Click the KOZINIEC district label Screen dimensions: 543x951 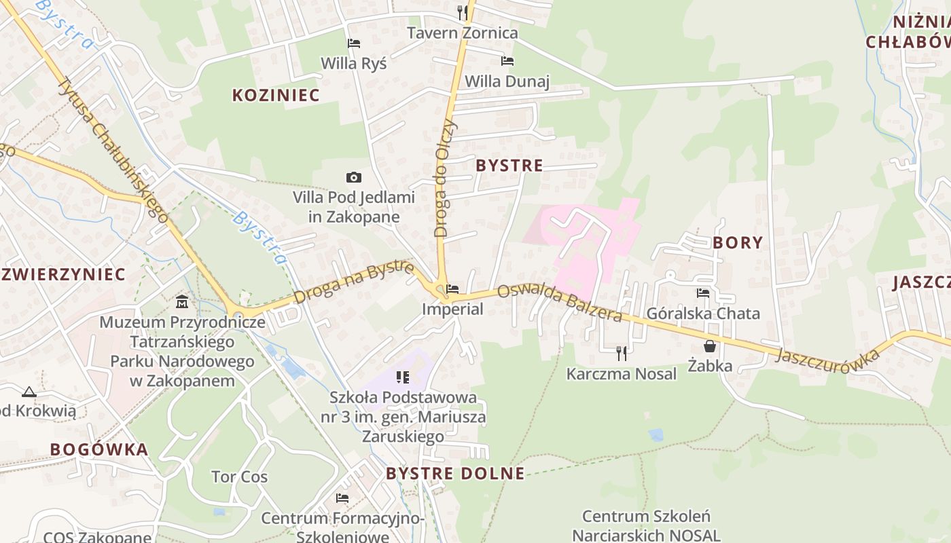tap(276, 95)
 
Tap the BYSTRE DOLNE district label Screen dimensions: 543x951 tap(455, 473)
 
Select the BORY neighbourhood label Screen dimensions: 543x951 tap(738, 242)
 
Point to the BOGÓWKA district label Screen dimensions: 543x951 tap(99, 449)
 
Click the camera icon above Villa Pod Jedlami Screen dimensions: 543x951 tap(353, 178)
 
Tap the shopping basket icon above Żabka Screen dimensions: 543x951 tap(710, 346)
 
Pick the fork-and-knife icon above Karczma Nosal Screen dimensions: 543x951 tap(621, 353)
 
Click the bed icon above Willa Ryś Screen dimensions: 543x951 tap(353, 43)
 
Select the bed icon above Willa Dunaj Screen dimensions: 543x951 tap(507, 61)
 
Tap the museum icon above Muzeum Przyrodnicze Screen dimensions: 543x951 tap(182, 301)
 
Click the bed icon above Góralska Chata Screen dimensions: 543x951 tap(703, 293)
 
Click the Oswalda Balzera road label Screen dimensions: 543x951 tap(560, 303)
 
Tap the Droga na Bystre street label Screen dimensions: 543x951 tap(354, 282)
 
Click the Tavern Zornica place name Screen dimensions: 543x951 tap(462, 33)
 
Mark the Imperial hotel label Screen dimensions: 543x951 tap(452, 310)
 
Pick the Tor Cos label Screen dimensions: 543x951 tap(239, 476)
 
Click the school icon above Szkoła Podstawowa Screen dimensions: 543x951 tap(403, 377)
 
